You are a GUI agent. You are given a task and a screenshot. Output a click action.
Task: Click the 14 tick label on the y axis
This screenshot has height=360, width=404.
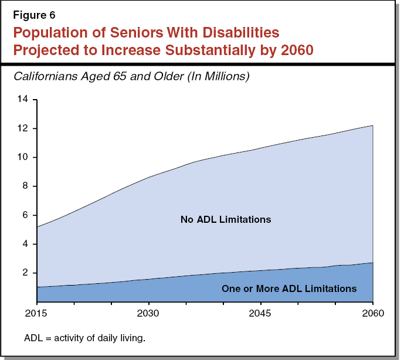pos(23,100)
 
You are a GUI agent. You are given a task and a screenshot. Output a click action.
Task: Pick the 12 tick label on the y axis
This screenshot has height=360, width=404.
pos(23,128)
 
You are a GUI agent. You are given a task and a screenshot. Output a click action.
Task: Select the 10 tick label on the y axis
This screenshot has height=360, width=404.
pos(23,157)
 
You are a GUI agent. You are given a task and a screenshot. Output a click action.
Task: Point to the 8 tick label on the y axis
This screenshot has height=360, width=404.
pos(26,186)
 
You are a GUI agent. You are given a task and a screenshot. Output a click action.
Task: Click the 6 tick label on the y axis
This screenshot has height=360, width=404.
pos(26,215)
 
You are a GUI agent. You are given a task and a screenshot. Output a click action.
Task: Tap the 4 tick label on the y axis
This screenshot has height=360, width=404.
pos(26,244)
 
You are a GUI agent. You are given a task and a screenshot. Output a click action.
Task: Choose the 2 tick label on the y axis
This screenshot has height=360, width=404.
pos(26,273)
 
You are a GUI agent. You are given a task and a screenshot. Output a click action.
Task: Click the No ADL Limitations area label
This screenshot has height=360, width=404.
pos(226,220)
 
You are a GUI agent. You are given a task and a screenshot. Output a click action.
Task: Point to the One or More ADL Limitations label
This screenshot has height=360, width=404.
pos(288,288)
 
